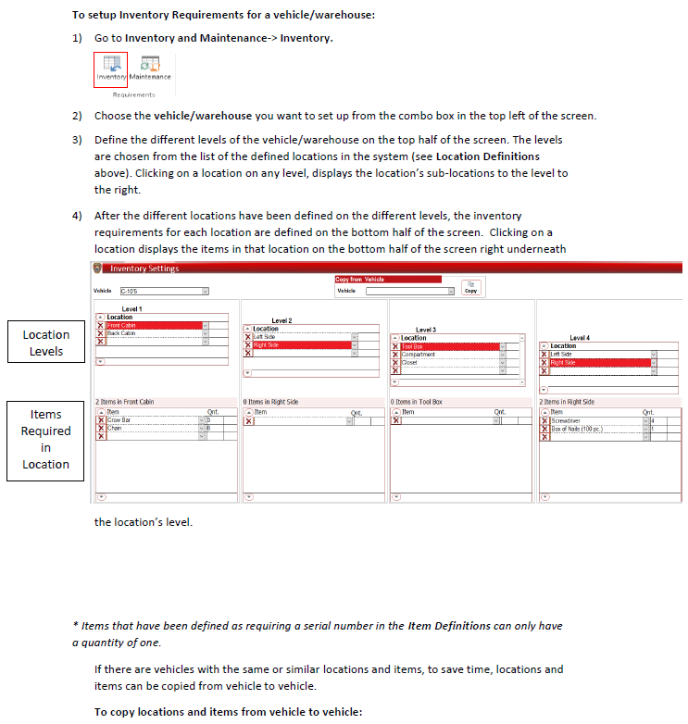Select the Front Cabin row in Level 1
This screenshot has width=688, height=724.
click(x=153, y=325)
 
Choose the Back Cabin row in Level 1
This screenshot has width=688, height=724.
click(x=153, y=333)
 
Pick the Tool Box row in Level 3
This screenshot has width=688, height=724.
click(x=449, y=346)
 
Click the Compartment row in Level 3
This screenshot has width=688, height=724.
click(x=449, y=355)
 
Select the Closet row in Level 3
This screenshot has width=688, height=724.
click(x=449, y=362)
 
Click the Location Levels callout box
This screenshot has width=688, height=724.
click(x=46, y=343)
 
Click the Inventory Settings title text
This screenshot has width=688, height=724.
click(x=144, y=268)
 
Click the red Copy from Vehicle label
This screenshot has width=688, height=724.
click(x=360, y=279)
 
